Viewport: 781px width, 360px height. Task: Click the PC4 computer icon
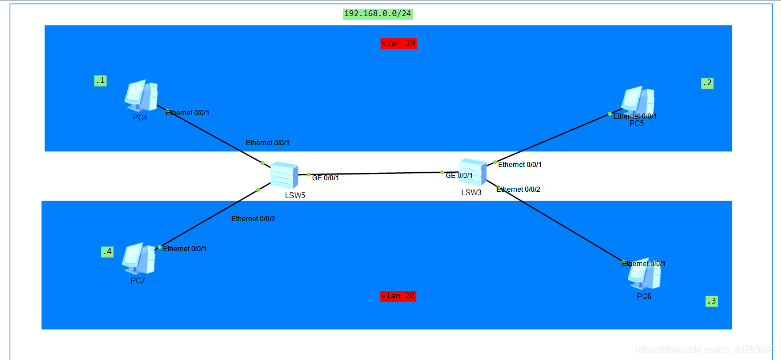141,96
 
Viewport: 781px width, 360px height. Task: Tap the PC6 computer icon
644,274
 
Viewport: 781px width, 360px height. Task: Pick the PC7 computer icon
138,259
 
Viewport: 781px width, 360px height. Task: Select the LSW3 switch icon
472,172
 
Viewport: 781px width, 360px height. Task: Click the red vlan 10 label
398,43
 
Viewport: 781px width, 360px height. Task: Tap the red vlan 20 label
397,296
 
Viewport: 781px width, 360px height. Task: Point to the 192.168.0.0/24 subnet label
378,14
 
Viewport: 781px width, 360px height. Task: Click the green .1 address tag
100,81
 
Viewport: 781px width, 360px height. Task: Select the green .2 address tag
707,83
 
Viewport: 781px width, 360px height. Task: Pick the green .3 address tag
711,301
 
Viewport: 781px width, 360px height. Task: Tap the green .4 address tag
107,252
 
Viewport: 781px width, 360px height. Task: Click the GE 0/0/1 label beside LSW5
325,178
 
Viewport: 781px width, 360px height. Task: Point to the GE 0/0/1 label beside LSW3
459,176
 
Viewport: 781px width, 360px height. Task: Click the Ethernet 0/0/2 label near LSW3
518,190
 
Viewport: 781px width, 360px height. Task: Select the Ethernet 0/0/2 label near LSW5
253,219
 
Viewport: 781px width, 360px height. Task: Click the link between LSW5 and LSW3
374,173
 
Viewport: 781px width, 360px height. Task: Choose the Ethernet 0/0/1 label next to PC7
184,249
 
